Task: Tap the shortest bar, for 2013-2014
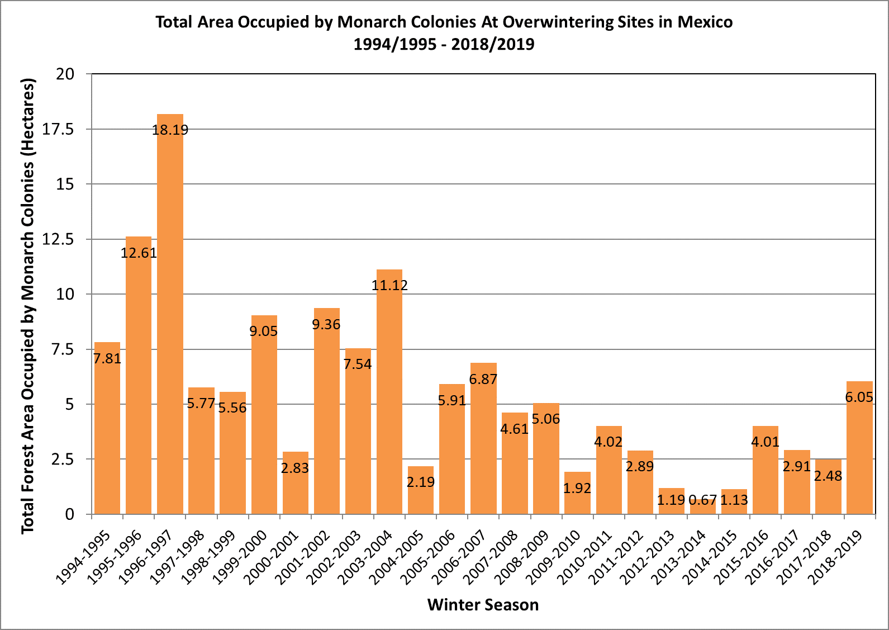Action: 703,508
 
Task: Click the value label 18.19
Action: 170,130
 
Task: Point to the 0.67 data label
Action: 703,500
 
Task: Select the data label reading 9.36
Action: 326,325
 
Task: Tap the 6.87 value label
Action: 483,380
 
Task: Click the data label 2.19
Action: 421,482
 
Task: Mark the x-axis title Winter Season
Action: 483,605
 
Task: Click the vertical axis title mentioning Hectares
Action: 28,305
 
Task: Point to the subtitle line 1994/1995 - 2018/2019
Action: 444,44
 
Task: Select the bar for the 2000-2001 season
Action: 295,486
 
